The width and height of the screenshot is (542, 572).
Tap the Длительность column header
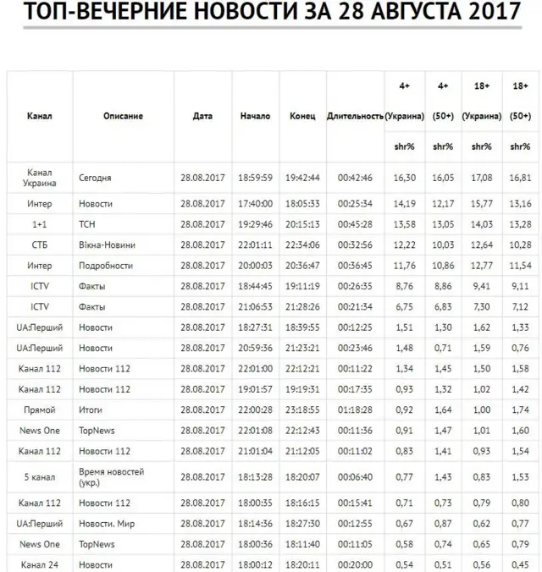click(x=355, y=116)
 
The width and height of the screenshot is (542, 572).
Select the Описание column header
click(x=123, y=116)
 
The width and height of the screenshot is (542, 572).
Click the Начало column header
click(x=255, y=116)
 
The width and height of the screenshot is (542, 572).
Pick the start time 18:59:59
click(x=255, y=179)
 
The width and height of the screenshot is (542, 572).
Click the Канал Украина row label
click(x=40, y=178)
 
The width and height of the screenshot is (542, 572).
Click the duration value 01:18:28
click(x=355, y=410)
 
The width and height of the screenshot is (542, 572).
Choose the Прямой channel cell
click(x=40, y=410)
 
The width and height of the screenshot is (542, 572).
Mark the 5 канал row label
click(x=40, y=477)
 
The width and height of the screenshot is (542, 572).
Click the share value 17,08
click(x=480, y=179)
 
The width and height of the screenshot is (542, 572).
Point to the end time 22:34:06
click(x=302, y=245)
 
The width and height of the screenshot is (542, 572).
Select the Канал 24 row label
click(x=40, y=564)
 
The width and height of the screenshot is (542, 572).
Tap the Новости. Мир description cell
click(x=107, y=524)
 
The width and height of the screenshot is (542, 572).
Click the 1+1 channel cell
click(x=40, y=224)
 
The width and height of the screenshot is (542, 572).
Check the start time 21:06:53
click(x=255, y=306)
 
